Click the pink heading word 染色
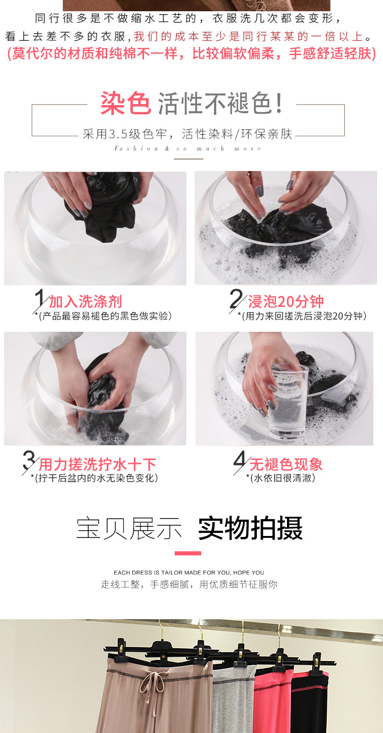coord(126,103)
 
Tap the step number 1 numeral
coord(40,298)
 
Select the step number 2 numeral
coord(236,299)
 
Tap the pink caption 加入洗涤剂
coord(85,301)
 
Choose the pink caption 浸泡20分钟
coord(286,301)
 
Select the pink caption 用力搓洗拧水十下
coord(98,464)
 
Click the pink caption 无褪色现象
coord(286,464)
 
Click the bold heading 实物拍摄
coord(250,528)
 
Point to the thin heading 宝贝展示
coord(129,528)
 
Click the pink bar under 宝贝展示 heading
coord(188,553)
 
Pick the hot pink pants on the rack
coord(273,701)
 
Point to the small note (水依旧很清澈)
coord(280,478)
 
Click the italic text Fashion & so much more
coord(188,149)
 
